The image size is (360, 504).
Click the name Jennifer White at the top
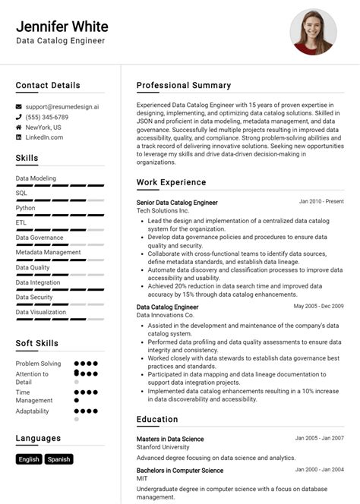[x=62, y=27]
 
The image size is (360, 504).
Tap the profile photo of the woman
[x=313, y=32]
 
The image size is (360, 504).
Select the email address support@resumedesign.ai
[x=62, y=107]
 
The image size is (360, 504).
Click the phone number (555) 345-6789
[x=47, y=118]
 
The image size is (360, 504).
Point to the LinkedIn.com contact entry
[x=44, y=137]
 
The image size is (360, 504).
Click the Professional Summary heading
[x=184, y=85]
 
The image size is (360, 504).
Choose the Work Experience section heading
[x=171, y=182]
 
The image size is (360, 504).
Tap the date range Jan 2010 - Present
[x=321, y=202]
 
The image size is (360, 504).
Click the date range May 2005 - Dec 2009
[x=318, y=306]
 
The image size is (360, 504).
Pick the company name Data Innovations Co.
[x=166, y=315]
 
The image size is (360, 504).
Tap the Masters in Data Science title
[x=170, y=439]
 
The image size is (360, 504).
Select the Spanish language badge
[x=58, y=459]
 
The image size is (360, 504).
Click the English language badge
[x=29, y=459]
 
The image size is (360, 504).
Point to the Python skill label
[x=25, y=207]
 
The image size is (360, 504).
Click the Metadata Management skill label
[x=48, y=252]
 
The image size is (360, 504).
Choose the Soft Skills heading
[x=36, y=343]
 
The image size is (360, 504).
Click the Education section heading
[x=157, y=419]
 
